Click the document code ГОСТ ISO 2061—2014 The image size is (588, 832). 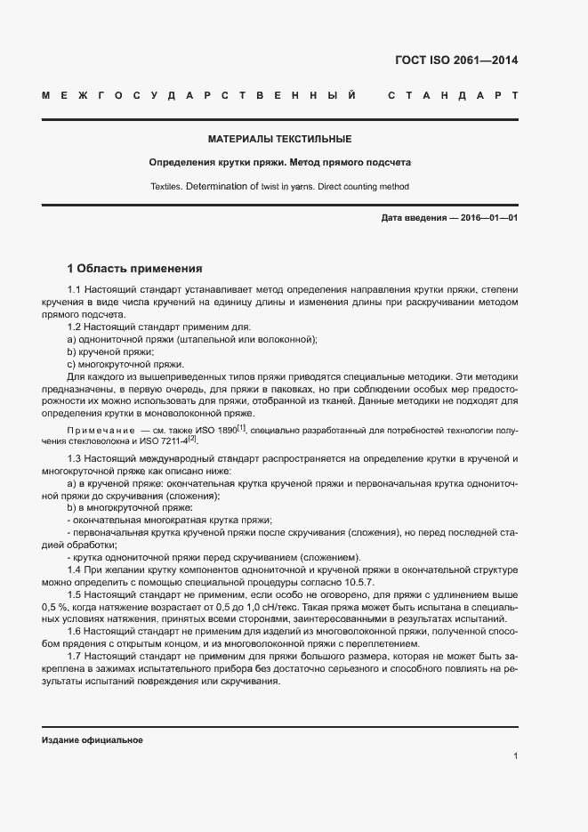[x=455, y=61]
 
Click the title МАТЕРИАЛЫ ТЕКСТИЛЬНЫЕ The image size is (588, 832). [x=279, y=140]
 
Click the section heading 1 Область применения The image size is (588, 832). [x=135, y=268]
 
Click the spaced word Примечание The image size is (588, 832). [x=99, y=431]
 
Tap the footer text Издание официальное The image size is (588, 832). [x=92, y=740]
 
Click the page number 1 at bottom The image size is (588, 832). [x=515, y=756]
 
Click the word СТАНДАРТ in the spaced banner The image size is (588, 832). [x=453, y=95]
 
